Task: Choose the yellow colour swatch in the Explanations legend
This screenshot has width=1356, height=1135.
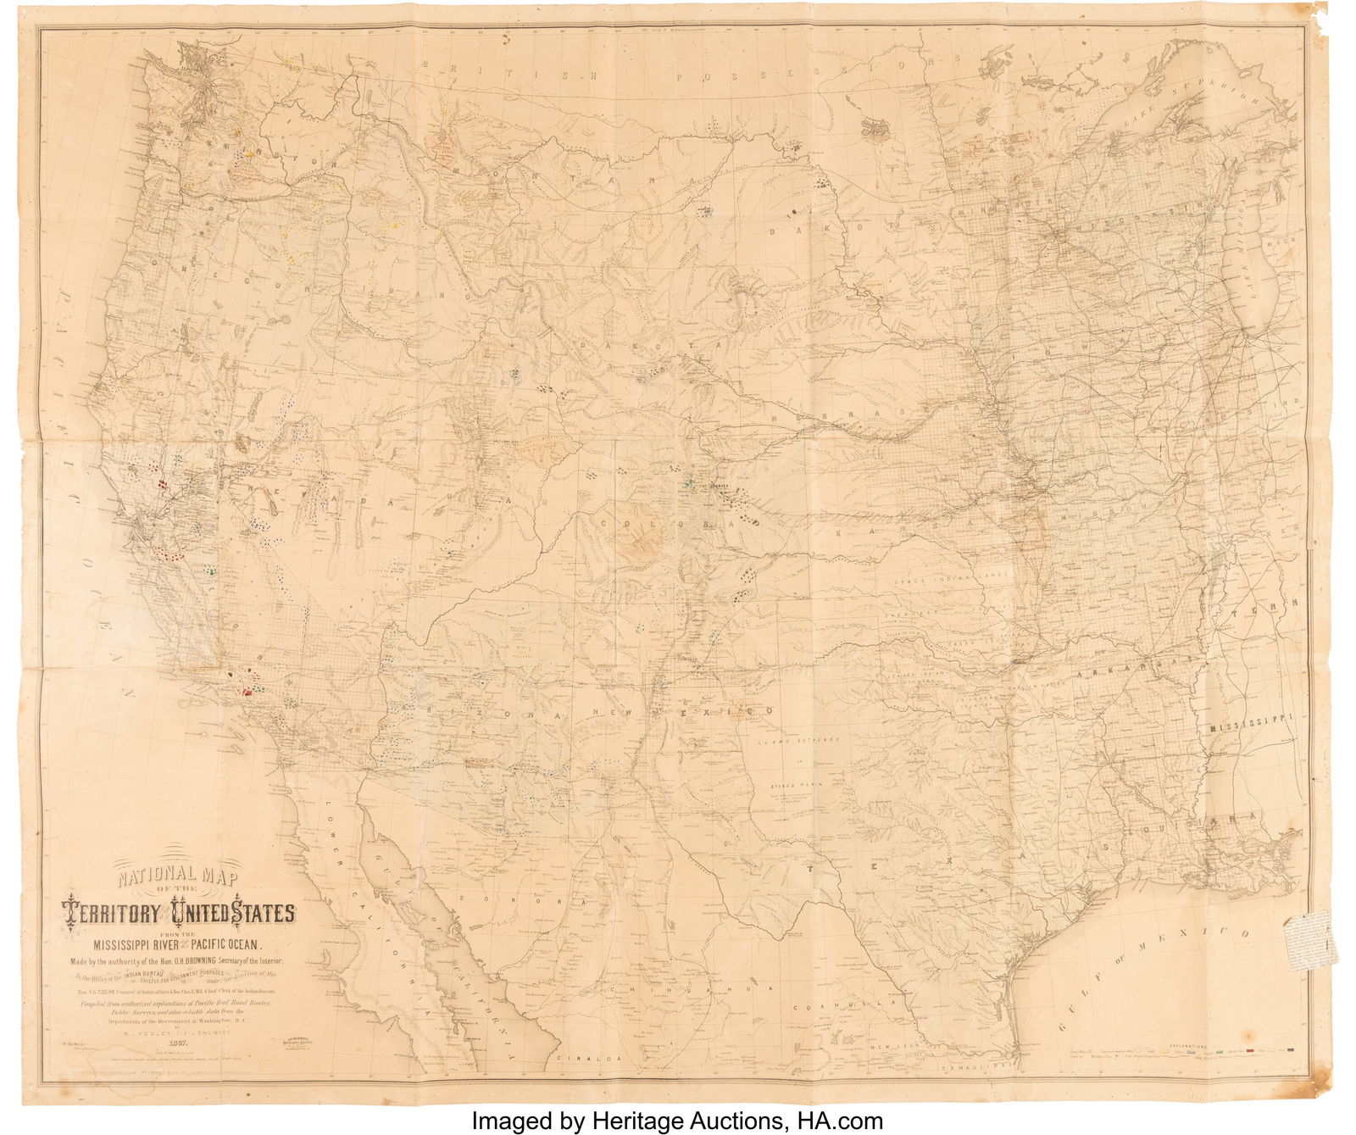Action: pyautogui.click(x=1164, y=1051)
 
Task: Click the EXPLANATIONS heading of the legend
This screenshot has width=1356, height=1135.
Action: pyautogui.click(x=1188, y=1046)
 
